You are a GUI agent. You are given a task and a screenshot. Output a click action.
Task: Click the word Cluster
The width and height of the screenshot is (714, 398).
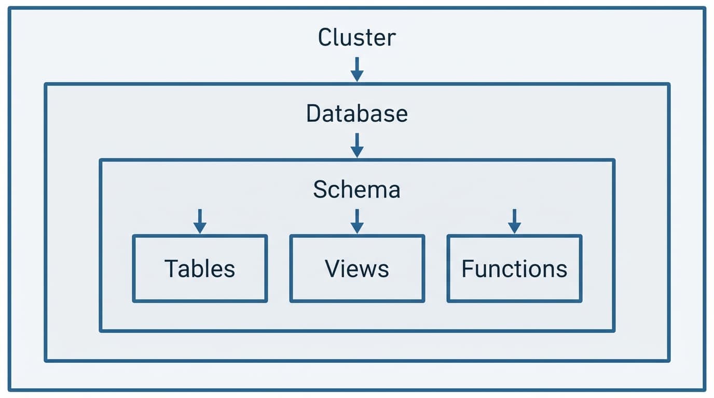click(356, 37)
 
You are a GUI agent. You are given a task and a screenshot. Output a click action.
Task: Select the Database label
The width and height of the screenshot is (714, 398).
click(356, 113)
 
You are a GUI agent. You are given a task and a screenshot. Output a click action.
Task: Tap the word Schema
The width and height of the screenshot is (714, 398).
click(356, 190)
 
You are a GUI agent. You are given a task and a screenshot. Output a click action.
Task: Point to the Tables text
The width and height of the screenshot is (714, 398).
click(200, 268)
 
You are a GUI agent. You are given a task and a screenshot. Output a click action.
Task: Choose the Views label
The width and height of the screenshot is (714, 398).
click(357, 268)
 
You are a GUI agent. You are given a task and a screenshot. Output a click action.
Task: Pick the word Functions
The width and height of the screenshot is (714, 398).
click(514, 268)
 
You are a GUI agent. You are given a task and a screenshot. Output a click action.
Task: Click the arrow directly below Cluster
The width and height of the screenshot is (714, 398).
click(356, 69)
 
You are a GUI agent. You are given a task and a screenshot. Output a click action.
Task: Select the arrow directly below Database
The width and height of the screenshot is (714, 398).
click(356, 145)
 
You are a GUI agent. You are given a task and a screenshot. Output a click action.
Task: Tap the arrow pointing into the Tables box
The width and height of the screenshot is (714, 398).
click(200, 221)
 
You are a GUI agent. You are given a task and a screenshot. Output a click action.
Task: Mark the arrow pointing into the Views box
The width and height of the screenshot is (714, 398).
click(356, 221)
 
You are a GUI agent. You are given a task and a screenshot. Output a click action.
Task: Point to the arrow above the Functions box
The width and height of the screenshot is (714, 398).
click(514, 221)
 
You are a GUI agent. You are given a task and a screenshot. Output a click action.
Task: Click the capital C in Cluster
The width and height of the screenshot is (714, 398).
click(325, 37)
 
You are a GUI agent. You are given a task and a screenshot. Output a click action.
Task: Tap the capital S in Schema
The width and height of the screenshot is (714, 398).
click(320, 190)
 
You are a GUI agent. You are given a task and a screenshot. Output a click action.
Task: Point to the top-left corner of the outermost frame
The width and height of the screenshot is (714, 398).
click(9, 8)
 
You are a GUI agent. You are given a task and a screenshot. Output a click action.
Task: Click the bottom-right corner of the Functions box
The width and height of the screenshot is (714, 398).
click(581, 301)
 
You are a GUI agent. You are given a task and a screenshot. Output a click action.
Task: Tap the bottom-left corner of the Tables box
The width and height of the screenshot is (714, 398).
click(134, 301)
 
